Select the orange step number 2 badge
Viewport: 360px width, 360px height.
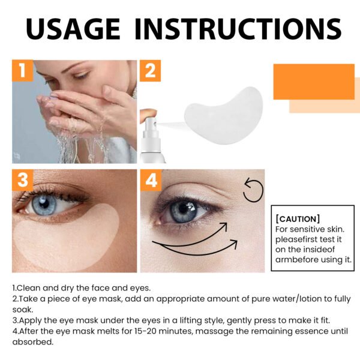[x=150, y=70]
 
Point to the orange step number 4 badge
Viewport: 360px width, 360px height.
[x=150, y=179]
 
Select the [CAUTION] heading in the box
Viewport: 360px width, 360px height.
[x=298, y=218]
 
